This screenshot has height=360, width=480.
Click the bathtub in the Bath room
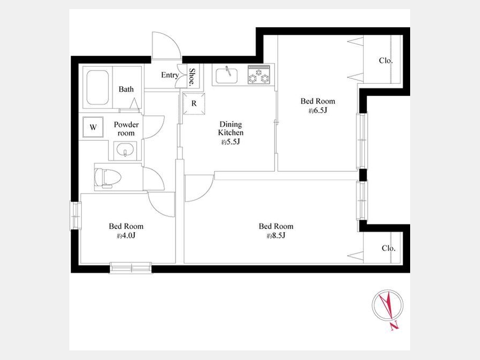coord(98,87)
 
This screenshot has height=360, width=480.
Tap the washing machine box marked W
coord(93,127)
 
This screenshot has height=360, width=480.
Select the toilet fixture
coord(107,177)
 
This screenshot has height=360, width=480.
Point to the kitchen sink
coord(226,76)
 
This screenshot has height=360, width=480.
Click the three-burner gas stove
coord(259,74)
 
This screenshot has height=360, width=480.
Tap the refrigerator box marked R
coord(194,104)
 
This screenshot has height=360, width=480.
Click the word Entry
coord(170,75)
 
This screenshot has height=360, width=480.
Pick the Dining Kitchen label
coord(231,129)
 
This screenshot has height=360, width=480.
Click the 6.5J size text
coord(318,111)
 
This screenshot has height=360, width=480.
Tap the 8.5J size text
coord(276,236)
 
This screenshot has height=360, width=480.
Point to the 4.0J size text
coord(126,236)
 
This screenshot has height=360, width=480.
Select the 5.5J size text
coord(230,142)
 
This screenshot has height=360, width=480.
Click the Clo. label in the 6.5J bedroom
coord(386,61)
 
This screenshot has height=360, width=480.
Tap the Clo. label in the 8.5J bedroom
coord(389,248)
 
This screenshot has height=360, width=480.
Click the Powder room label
coord(126,129)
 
